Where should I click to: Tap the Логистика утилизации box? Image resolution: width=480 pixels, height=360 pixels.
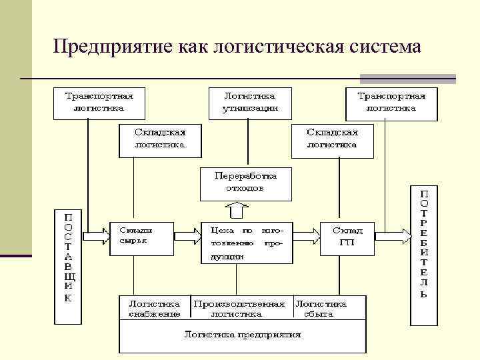pyautogui.click(x=250, y=101)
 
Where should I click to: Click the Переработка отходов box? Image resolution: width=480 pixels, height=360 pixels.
pyautogui.click(x=245, y=182)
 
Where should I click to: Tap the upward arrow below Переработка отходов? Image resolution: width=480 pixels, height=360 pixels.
pyautogui.click(x=237, y=211)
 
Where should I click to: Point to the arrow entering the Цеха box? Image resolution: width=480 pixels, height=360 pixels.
pyautogui.click(x=187, y=235)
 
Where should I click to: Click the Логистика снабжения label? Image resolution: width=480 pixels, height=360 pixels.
pyautogui.click(x=155, y=307)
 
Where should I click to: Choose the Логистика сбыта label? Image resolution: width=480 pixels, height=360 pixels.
pyautogui.click(x=321, y=307)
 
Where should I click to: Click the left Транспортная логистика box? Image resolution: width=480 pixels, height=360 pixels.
pyautogui.click(x=98, y=101)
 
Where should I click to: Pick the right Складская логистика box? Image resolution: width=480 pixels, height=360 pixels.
pyautogui.click(x=332, y=138)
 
